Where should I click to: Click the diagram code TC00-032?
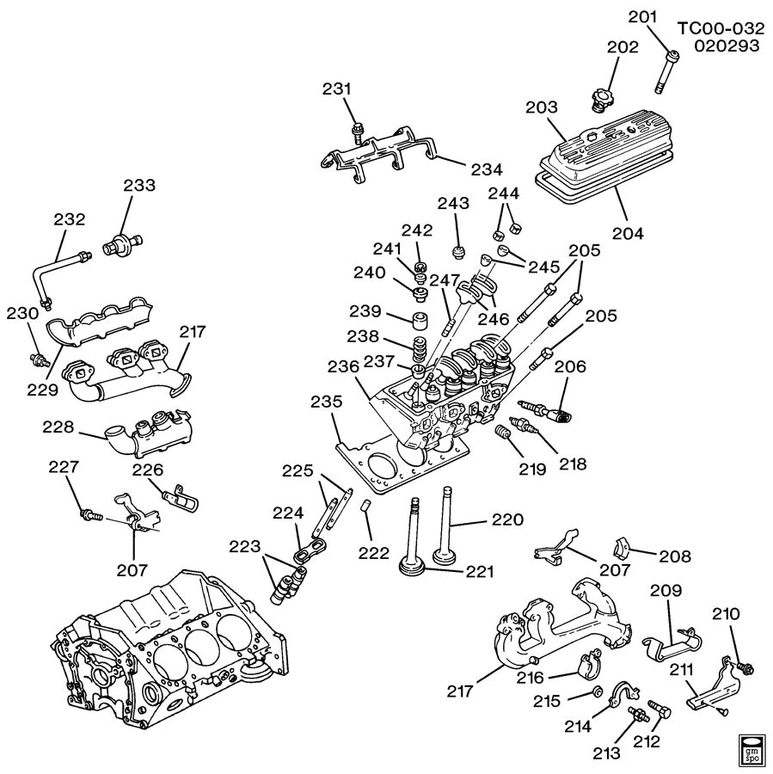[x=719, y=28]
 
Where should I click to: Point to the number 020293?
[x=728, y=46]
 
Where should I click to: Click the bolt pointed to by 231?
[x=356, y=132]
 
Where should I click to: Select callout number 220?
[x=507, y=519]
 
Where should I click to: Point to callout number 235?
[x=326, y=402]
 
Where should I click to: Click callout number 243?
[x=452, y=204]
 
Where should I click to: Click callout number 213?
[x=604, y=754]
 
